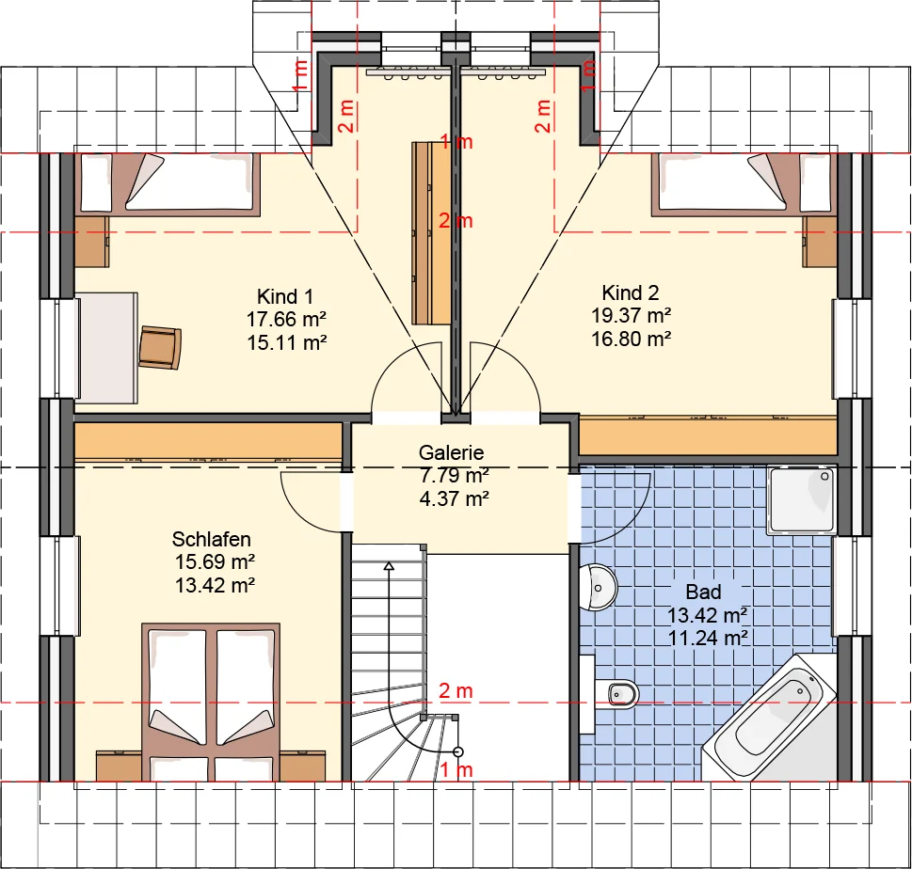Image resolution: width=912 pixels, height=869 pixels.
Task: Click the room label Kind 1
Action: (x=285, y=296)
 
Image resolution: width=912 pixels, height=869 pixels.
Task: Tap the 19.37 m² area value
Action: (x=632, y=316)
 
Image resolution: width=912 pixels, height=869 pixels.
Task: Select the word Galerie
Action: (x=451, y=452)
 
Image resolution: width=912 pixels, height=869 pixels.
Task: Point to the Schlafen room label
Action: (x=211, y=540)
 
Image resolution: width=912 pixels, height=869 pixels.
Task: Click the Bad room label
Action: (x=703, y=592)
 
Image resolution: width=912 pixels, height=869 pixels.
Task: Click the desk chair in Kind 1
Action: (x=160, y=348)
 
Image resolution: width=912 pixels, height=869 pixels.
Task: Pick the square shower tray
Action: (x=802, y=500)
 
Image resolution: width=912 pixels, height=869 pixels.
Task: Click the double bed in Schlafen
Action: (x=211, y=703)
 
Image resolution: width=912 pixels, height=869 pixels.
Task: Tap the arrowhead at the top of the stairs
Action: (x=389, y=565)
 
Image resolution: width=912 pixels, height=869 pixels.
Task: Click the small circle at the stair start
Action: (x=458, y=752)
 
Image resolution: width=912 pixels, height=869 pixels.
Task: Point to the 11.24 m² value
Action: (x=707, y=638)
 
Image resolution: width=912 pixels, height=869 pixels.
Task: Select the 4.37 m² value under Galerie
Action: (x=455, y=498)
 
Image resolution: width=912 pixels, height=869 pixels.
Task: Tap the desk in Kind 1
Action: (x=106, y=348)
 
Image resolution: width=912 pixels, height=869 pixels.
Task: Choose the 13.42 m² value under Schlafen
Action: (x=215, y=585)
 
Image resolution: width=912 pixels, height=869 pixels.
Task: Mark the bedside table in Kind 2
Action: (x=820, y=241)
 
